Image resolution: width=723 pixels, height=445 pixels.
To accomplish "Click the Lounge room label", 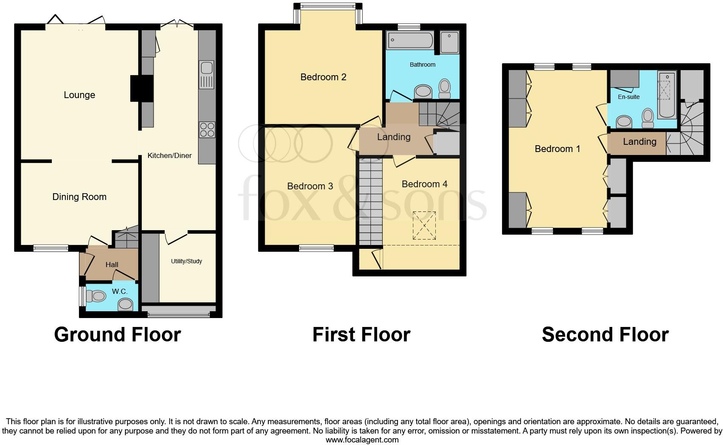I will (x=79, y=95).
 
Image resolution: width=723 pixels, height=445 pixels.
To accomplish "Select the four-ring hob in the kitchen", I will (x=207, y=130).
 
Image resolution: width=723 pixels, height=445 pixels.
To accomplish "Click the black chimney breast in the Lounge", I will (x=141, y=88).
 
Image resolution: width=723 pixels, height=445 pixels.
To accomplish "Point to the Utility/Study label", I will (x=186, y=261).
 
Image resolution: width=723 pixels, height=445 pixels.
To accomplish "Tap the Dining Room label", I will (x=79, y=197).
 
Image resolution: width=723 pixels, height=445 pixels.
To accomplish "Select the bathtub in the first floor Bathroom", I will (x=410, y=41).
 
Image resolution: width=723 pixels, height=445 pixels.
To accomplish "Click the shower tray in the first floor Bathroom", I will (x=449, y=42).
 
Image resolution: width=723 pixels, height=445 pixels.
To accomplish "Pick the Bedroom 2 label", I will (x=323, y=77).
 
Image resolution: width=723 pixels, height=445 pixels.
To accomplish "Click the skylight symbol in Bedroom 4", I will (x=424, y=225).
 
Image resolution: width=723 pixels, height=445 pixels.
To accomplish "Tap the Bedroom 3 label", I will (x=310, y=186).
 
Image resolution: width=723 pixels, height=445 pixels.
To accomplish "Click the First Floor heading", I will (x=361, y=335).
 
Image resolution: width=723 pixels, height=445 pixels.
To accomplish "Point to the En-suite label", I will (x=628, y=97).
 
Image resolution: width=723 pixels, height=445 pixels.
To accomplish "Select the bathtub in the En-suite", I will (x=667, y=95).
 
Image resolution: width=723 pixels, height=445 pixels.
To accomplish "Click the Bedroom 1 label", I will (x=557, y=149).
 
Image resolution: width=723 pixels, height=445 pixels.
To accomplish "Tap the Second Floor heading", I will (x=605, y=335).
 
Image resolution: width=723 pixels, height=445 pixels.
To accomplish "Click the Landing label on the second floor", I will (x=639, y=142).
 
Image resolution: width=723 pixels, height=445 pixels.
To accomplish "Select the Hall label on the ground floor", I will (x=112, y=265).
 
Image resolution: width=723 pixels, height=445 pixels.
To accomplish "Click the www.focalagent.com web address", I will (x=362, y=440).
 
